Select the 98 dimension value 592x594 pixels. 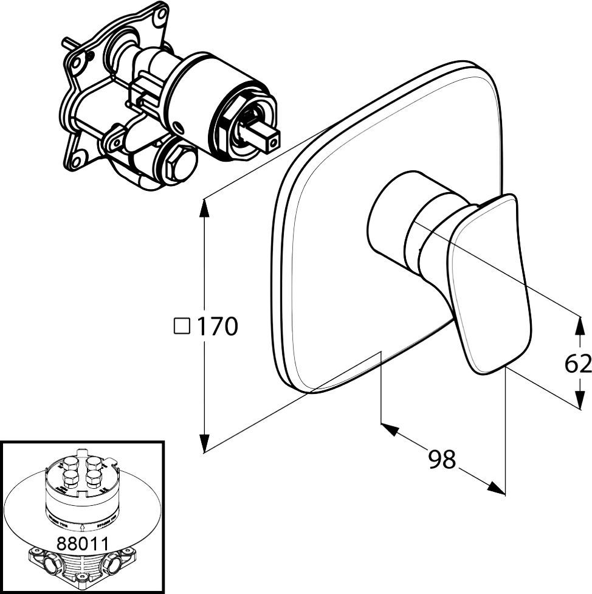click(442, 460)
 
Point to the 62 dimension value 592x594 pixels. click(577, 364)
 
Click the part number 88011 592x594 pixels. click(81, 543)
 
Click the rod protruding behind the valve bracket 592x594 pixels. click(67, 44)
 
